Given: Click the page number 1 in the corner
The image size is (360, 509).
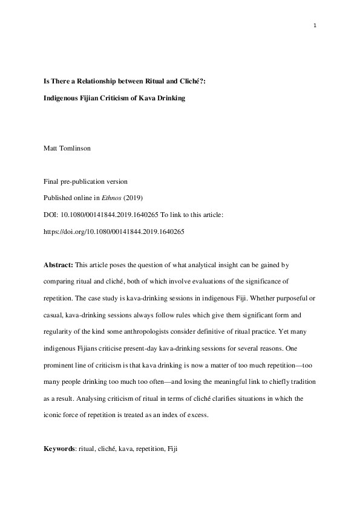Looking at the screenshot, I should pyautogui.click(x=315, y=25).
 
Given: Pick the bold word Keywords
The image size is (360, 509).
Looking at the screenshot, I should pyautogui.click(x=60, y=451).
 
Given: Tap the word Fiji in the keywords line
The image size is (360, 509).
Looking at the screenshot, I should pyautogui.click(x=172, y=451).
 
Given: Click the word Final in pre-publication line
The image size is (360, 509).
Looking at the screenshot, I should pyautogui.click(x=51, y=181).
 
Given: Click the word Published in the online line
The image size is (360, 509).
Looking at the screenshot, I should pyautogui.click(x=58, y=196).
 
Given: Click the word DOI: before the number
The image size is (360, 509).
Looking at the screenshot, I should pyautogui.click(x=51, y=213).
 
